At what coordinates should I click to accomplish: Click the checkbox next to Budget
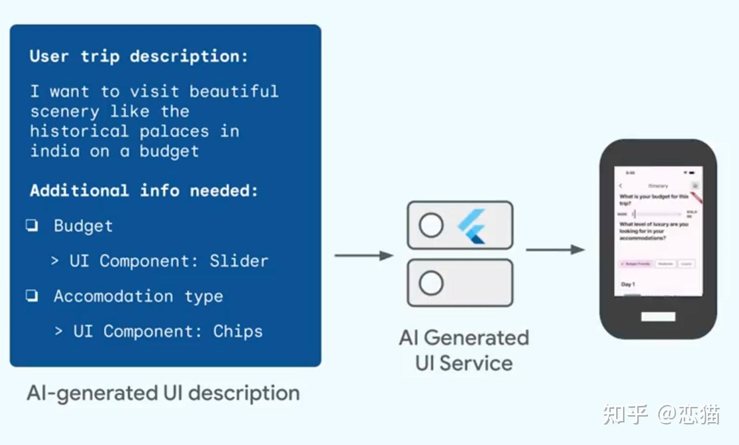[x=32, y=225]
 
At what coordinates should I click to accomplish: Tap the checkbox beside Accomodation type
[x=32, y=295]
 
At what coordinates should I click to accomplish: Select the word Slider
[x=239, y=261]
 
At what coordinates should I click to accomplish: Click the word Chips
[x=238, y=331]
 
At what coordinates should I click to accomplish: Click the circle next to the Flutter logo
[x=431, y=225]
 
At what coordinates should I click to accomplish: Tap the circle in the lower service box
[x=431, y=283]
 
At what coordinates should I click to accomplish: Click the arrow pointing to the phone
[x=555, y=250]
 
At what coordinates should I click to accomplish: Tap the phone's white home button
[x=658, y=316]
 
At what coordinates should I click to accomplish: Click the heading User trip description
[x=139, y=56]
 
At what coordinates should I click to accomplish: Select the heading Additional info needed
[x=144, y=190]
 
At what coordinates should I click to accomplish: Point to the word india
[x=55, y=151]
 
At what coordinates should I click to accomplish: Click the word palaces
[x=174, y=131]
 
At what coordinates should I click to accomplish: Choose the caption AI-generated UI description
[x=163, y=393]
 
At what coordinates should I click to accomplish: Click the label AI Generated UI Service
[x=464, y=350]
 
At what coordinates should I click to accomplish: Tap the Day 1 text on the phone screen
[x=628, y=284]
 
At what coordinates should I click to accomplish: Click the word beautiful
[x=234, y=91]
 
